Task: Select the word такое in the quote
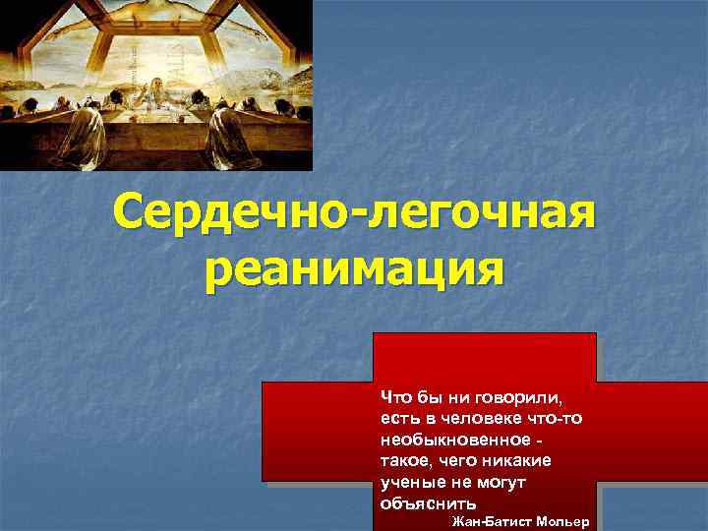tap(403, 460)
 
